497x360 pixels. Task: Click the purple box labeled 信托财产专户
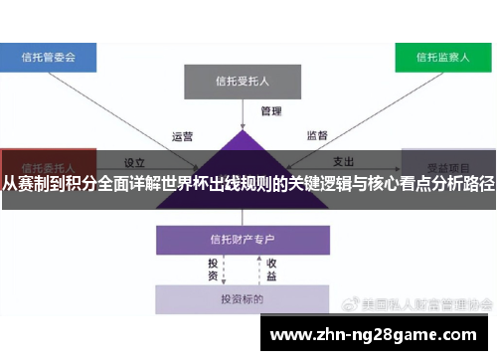coord(242,239)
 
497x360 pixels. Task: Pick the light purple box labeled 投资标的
coord(242,298)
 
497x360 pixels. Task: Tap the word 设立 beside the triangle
coord(134,160)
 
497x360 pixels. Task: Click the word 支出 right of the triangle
coord(344,160)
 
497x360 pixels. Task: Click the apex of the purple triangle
coord(242,130)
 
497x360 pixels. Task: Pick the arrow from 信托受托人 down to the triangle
coord(242,114)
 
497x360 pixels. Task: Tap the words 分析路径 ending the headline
coord(462,185)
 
